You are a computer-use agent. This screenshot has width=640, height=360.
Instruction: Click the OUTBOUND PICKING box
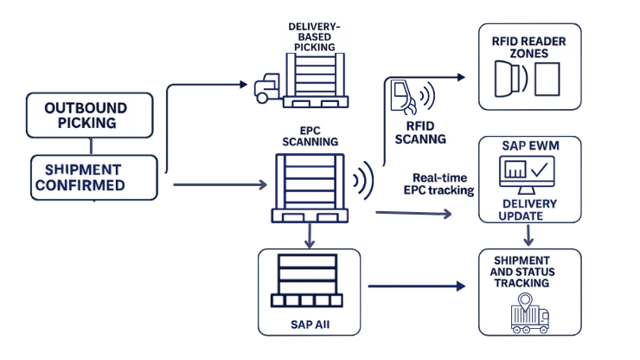coord(86,115)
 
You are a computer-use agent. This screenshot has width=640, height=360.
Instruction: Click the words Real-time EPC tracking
coord(438,183)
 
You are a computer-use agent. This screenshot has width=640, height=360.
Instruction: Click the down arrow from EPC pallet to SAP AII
coord(309,235)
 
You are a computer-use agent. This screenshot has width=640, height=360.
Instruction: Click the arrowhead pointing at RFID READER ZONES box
coord(461,76)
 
